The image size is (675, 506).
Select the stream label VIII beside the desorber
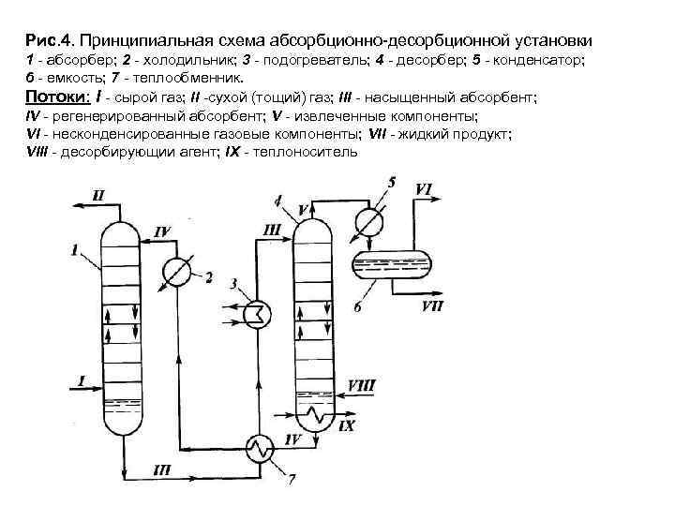tap(361, 385)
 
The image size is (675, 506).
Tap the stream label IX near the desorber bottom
tap(347, 426)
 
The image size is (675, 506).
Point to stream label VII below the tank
tap(433, 305)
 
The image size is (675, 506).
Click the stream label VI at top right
tap(423, 189)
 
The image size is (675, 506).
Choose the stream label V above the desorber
tap(304, 208)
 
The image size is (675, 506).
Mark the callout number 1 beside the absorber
tap(74, 249)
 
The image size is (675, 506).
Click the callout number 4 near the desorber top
tap(278, 201)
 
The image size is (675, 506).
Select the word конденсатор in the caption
tap(538, 61)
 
